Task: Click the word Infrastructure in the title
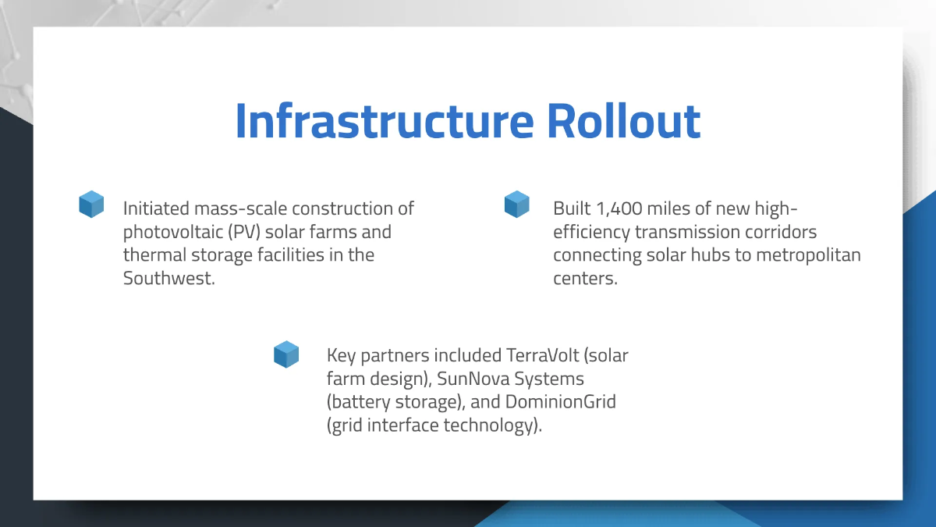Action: coord(385,121)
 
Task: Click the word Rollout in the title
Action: coord(623,121)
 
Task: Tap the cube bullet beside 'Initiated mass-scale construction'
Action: coord(91,204)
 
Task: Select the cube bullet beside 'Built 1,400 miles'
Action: coord(517,204)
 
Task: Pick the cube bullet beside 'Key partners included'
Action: coord(286,354)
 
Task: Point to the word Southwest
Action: coord(168,278)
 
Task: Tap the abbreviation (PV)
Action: coord(244,232)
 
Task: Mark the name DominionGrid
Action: coord(561,402)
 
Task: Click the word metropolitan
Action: coord(808,255)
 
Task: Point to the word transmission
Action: coord(687,232)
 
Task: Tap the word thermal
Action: coord(154,255)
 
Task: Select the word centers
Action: coord(586,279)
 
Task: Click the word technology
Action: coord(493,426)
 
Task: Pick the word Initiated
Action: coord(156,208)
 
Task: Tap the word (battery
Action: coord(359,402)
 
